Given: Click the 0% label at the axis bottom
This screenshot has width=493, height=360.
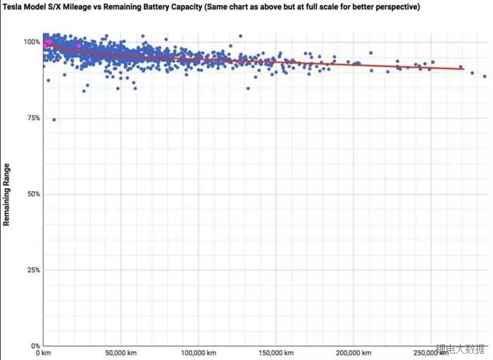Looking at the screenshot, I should (x=35, y=346).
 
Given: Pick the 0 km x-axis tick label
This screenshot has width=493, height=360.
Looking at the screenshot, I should (x=44, y=353).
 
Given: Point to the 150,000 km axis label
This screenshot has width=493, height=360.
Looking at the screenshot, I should (x=272, y=353).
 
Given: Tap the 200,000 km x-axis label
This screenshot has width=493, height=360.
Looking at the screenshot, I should (x=350, y=353).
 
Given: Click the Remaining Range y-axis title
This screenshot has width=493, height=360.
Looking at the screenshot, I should (x=7, y=194).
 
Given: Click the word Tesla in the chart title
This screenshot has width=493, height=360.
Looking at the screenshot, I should (x=14, y=8).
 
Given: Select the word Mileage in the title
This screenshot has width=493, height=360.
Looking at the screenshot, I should (x=94, y=8).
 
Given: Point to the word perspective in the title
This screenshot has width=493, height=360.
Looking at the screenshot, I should (x=396, y=8).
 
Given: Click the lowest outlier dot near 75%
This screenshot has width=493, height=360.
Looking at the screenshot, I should (x=54, y=120).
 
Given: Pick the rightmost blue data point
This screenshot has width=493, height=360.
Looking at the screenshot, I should (x=485, y=76).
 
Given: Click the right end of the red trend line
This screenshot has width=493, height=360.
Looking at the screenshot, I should (x=464, y=69).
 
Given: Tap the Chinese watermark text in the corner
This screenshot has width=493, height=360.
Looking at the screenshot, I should (x=461, y=349).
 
